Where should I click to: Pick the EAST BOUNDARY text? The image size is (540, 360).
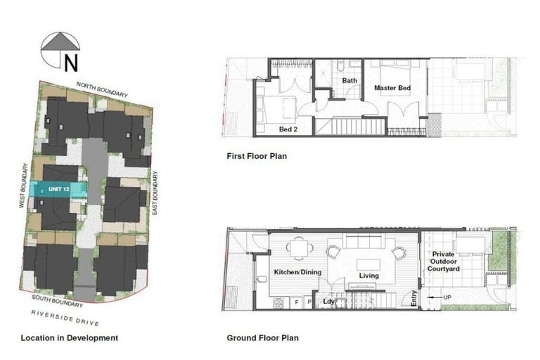pyautogui.click(x=155, y=193)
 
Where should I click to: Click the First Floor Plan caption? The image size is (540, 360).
pyautogui.click(x=256, y=156)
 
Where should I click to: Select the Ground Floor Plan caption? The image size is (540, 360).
pyautogui.click(x=262, y=338)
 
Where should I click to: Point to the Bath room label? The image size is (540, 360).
pyautogui.click(x=349, y=81)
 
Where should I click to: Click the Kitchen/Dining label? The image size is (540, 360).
pyautogui.click(x=297, y=271)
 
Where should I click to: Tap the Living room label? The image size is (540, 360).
pyautogui.click(x=368, y=276)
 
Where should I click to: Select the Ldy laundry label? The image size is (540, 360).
pyautogui.click(x=328, y=302)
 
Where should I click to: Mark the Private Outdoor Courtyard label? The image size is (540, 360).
pyautogui.click(x=445, y=262)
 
